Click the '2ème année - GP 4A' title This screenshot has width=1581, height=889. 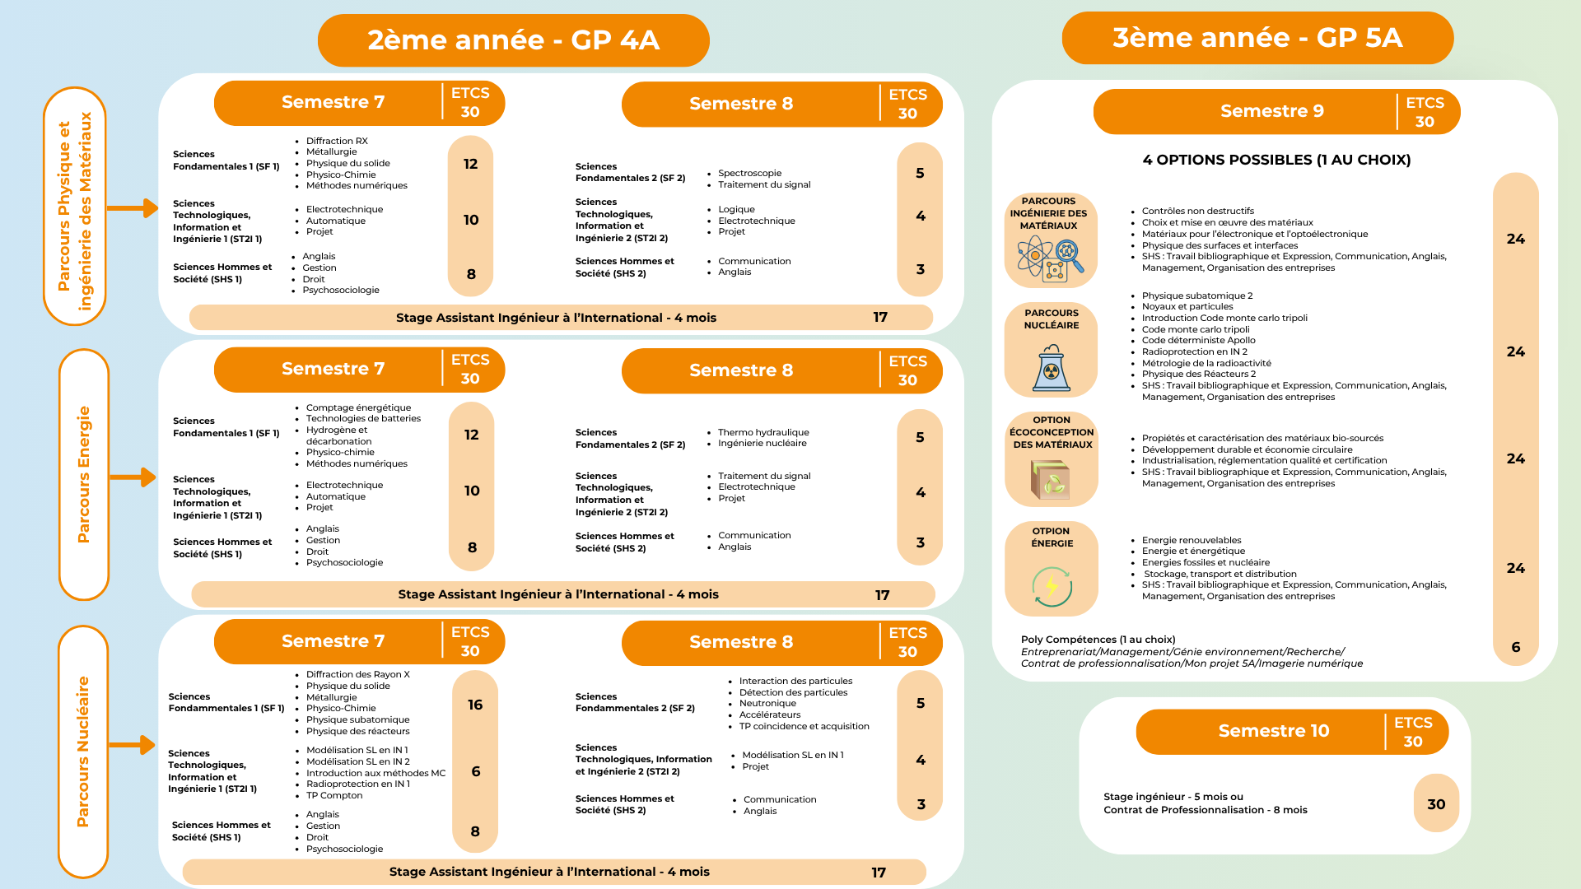pyautogui.click(x=513, y=40)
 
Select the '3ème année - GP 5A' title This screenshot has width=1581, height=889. pyautogui.click(x=1257, y=38)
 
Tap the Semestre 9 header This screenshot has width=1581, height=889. pyautogui.click(x=1271, y=111)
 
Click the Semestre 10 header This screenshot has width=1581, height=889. pyautogui.click(x=1273, y=731)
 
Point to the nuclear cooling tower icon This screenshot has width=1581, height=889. pyautogui.click(x=1051, y=367)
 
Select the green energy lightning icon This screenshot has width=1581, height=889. pyautogui.click(x=1052, y=586)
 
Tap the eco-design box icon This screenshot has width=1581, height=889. pyautogui.click(x=1051, y=479)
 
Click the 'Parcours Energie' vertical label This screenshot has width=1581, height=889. pyautogui.click(x=83, y=474)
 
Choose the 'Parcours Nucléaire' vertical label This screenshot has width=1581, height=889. pyautogui.click(x=82, y=751)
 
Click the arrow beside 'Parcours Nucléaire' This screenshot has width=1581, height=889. pyautogui.click(x=132, y=745)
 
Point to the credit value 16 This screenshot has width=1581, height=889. pyautogui.click(x=475, y=705)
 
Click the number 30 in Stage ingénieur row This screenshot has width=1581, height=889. pyautogui.click(x=1436, y=804)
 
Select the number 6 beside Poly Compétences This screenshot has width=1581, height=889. pyautogui.click(x=1515, y=647)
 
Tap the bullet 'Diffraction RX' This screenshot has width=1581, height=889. pyautogui.click(x=337, y=141)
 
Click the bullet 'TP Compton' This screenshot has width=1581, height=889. pyautogui.click(x=334, y=795)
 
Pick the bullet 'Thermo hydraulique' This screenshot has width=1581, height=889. pyautogui.click(x=763, y=432)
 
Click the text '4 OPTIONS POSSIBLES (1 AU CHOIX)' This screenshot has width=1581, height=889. pyautogui.click(x=1276, y=160)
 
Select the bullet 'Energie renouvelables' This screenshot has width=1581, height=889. pyautogui.click(x=1191, y=540)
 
